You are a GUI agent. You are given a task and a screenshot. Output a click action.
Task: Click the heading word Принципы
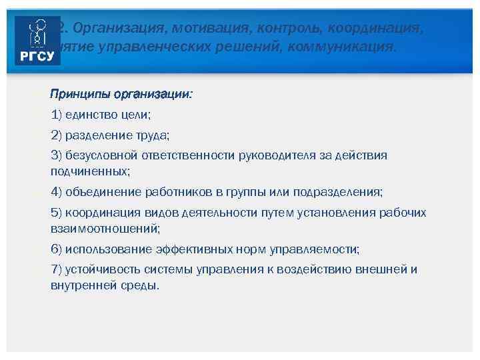coord(81,95)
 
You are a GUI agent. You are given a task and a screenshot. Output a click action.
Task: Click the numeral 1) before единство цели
coord(56,115)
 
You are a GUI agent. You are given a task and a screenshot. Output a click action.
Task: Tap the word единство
coord(91,115)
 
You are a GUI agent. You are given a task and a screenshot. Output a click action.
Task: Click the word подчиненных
coord(90,171)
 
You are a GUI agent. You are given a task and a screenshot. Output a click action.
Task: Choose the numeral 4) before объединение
coord(57,192)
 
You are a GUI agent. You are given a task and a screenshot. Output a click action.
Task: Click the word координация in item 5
coord(101,213)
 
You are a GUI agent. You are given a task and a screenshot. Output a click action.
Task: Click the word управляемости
coord(313,249)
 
